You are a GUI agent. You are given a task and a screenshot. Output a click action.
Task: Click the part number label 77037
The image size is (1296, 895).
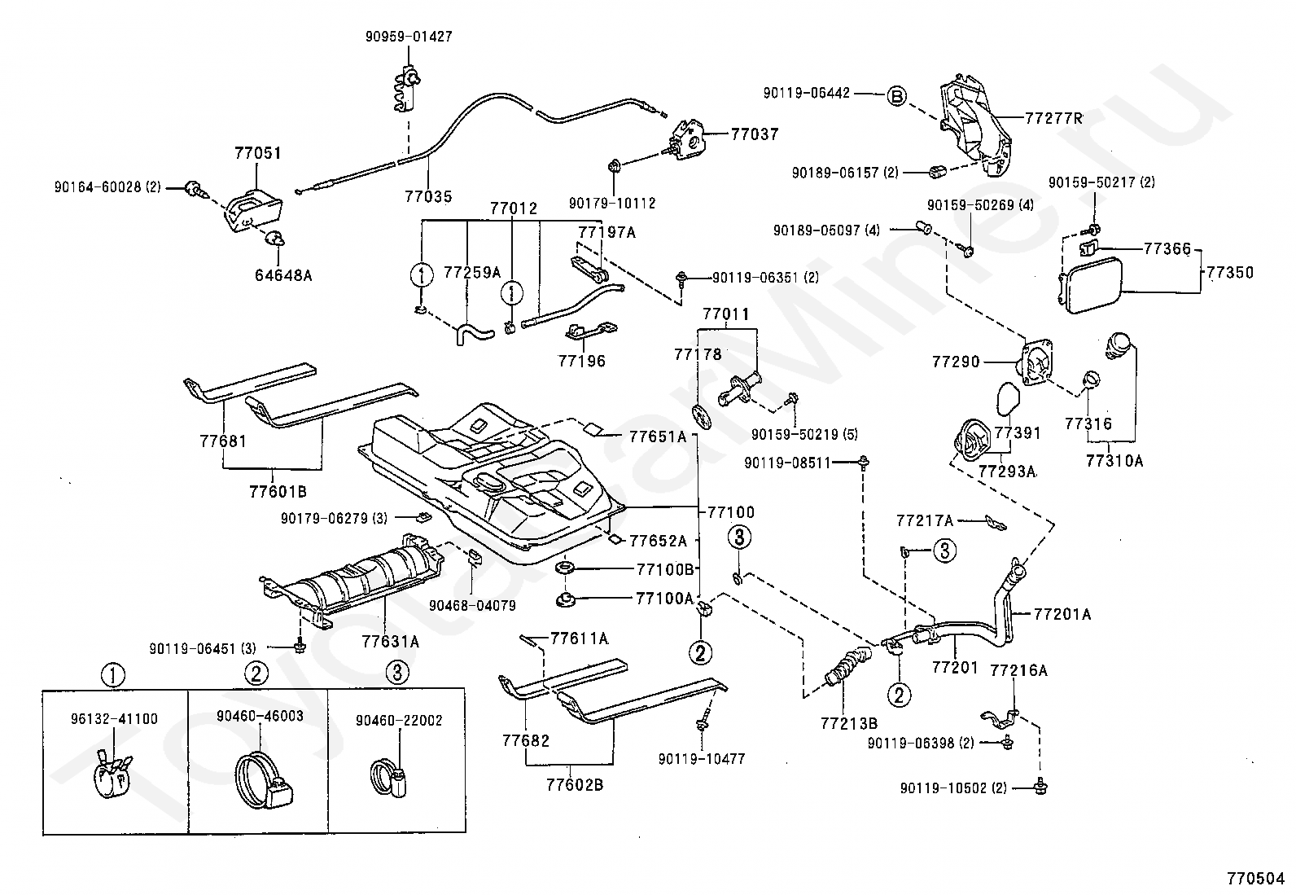pos(755,134)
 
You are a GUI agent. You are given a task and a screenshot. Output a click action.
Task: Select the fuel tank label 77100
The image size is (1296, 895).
pos(731,511)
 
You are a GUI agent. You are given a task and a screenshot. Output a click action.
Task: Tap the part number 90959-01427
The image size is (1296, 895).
pos(409,37)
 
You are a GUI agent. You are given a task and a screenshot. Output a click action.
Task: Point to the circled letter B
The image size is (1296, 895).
pos(896,96)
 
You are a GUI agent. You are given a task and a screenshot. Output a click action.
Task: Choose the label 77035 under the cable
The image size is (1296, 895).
pos(428,197)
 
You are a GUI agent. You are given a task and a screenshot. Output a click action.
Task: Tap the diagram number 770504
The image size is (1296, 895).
pos(1255,878)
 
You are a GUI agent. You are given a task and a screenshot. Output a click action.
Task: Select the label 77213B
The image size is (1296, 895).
pos(849,723)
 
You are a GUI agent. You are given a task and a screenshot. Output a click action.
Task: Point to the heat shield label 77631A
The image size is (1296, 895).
pos(391,642)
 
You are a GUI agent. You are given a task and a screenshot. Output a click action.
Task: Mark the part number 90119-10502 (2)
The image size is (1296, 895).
pos(953,788)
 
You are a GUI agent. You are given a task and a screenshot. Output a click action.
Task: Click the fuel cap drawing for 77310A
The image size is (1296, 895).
pos(1118,345)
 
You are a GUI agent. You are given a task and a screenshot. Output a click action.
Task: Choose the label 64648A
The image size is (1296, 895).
pos(283,275)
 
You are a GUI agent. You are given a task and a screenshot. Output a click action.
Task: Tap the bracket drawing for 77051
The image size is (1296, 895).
pos(253,211)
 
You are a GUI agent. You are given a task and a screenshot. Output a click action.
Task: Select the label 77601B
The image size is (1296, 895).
pos(278,492)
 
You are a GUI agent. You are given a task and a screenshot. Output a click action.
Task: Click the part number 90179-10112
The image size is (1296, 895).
pos(612,204)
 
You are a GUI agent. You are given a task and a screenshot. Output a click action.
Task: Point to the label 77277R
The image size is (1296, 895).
pos(1053,119)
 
